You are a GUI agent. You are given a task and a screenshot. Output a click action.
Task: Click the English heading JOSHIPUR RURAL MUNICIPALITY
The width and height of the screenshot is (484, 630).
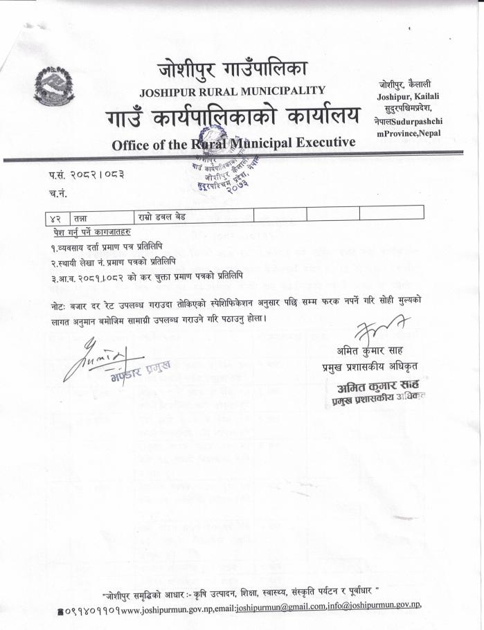click(x=233, y=91)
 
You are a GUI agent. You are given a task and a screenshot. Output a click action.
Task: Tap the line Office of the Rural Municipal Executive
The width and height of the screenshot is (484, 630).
click(x=233, y=143)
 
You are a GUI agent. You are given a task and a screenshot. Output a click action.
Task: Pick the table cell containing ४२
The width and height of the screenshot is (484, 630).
click(x=56, y=217)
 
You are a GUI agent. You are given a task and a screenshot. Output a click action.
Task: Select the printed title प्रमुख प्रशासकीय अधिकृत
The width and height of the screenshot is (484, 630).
click(x=370, y=366)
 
